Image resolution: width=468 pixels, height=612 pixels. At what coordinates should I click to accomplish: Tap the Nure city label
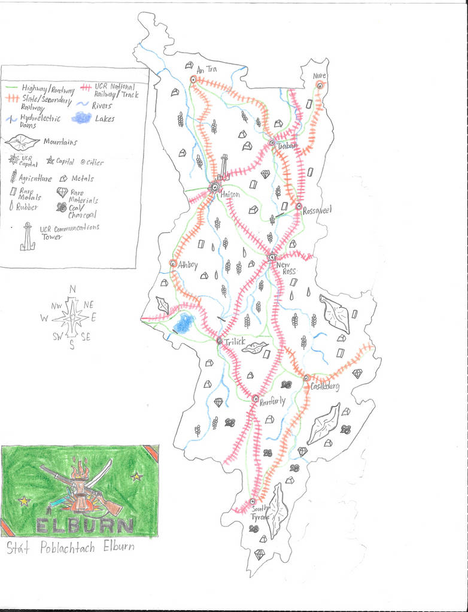point(319,75)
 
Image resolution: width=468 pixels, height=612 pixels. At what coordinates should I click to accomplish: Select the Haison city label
point(230,194)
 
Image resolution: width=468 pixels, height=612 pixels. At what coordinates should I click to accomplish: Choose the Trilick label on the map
point(235,341)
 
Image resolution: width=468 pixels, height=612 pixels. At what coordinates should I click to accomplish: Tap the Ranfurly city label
point(272,402)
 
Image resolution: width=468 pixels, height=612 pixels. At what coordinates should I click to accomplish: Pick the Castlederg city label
point(324,386)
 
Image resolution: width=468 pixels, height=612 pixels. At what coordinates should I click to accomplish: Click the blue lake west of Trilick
point(184,323)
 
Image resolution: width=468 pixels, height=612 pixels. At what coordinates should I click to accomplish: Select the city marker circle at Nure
point(320,86)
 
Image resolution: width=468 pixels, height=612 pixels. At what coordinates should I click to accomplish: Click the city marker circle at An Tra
point(193,79)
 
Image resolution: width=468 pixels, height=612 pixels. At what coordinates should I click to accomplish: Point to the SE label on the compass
point(86,337)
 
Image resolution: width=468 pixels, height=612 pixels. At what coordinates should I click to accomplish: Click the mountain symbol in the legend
point(22,143)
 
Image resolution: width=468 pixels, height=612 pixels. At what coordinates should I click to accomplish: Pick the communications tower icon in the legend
point(26,237)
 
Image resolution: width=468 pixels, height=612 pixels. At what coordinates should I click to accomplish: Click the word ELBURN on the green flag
point(84,526)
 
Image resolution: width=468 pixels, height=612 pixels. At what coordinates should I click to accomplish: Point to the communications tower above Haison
point(224,165)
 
